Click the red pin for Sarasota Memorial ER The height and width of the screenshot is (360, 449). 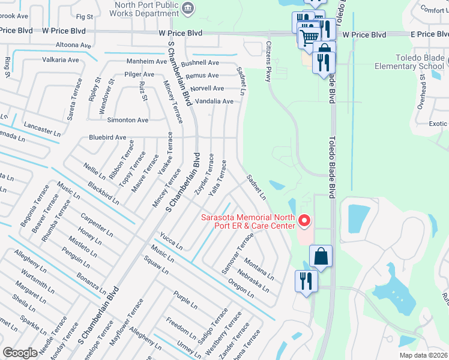point(304,221)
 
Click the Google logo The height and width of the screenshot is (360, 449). point(20,352)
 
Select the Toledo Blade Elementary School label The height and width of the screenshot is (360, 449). point(411,62)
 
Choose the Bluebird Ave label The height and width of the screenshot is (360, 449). point(107,137)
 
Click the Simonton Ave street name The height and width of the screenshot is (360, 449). point(128,120)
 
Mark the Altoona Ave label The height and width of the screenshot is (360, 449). point(73,45)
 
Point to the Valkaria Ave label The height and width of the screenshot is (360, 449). point(61,60)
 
